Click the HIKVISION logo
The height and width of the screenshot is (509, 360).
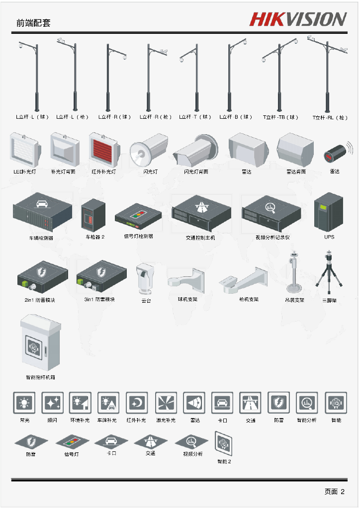[298, 19]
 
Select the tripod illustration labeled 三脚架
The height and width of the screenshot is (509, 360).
[329, 275]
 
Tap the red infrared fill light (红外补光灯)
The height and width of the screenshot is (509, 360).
[103, 149]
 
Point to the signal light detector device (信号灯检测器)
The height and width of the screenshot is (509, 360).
[138, 217]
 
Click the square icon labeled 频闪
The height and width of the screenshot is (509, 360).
[52, 403]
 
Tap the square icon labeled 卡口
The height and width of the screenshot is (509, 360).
[222, 403]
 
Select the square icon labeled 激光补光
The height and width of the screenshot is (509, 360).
[166, 403]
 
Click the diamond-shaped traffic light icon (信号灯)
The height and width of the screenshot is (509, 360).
[72, 441]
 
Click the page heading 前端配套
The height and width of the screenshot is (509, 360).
[33, 23]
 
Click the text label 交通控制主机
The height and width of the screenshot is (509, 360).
[200, 238]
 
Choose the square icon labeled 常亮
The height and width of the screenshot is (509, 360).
[24, 403]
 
